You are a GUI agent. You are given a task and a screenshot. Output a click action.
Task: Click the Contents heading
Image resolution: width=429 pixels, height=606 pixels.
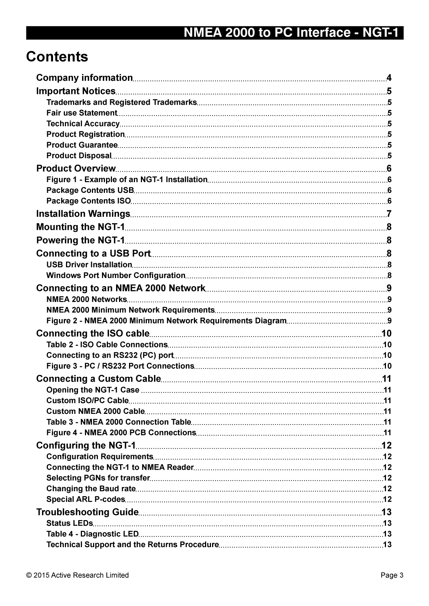tap(57, 57)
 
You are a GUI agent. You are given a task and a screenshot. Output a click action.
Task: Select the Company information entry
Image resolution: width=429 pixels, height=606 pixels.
tap(85, 78)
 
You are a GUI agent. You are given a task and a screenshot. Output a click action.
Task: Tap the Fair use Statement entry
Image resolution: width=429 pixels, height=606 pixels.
tap(82, 113)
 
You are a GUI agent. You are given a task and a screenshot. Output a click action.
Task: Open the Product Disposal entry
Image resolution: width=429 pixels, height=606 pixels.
tap(79, 155)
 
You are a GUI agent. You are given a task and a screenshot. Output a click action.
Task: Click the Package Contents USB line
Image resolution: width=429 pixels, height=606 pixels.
tap(90, 190)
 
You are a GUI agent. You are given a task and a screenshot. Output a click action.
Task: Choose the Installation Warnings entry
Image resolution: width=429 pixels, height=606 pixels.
tap(83, 214)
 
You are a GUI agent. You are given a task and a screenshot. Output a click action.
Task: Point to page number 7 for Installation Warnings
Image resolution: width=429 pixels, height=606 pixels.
tap(389, 214)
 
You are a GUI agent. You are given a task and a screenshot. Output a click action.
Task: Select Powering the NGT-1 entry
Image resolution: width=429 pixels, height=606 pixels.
tap(80, 240)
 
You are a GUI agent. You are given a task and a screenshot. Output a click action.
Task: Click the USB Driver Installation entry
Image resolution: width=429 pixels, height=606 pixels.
tap(89, 265)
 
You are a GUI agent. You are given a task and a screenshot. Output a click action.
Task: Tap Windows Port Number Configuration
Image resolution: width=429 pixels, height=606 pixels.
tap(116, 275)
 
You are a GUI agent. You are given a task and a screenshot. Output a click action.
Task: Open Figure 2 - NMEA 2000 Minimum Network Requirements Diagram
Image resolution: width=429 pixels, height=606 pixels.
tap(166, 321)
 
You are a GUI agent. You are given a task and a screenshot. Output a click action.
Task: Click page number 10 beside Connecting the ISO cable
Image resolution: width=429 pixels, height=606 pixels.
tap(386, 334)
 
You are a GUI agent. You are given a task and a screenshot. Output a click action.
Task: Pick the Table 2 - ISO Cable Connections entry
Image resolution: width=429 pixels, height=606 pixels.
tap(107, 345)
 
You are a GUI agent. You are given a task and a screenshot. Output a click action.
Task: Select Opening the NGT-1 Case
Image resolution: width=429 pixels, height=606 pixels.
tap(93, 390)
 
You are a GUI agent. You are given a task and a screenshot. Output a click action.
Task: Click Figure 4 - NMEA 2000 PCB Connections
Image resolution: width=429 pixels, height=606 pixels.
tap(121, 432)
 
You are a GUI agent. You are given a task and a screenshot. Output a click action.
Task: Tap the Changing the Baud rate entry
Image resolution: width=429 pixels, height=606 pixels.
tap(91, 489)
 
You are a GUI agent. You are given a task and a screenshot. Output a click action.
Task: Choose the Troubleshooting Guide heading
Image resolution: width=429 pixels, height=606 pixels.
tap(88, 512)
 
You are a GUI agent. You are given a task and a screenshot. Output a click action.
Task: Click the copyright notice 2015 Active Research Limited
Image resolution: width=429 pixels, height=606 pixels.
tap(77, 575)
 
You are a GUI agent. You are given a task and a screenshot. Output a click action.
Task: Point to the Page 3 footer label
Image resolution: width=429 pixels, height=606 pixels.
tap(392, 575)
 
